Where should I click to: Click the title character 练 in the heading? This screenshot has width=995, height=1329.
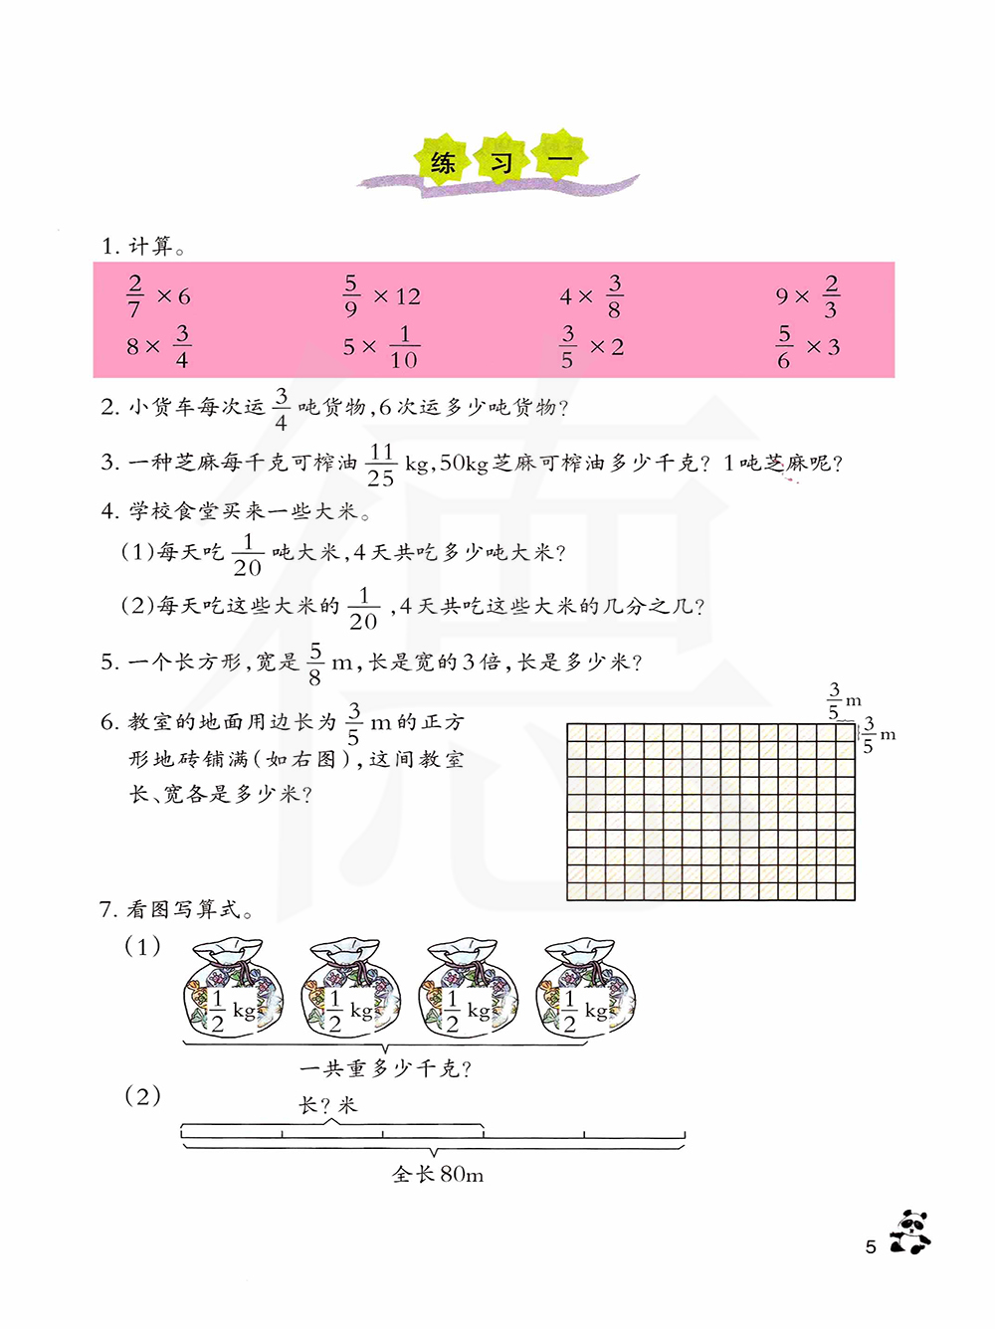coord(444,161)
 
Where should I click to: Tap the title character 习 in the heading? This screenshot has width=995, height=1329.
coord(501,161)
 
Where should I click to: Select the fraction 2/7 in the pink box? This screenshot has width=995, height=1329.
coord(134,296)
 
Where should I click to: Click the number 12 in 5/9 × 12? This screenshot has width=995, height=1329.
coord(408,296)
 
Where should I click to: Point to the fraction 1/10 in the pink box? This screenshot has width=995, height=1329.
coord(404,347)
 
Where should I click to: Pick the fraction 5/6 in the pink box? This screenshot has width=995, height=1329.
coord(784,347)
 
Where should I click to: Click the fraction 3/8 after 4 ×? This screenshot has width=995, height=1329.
coord(614,296)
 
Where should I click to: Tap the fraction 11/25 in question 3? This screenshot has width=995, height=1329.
coord(381,465)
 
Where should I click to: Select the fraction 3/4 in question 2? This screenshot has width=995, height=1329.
coord(281,409)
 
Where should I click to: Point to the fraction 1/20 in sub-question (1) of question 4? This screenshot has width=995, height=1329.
coord(248,555)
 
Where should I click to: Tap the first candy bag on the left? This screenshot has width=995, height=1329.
coord(233,989)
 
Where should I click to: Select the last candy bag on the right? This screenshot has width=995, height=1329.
coord(586,989)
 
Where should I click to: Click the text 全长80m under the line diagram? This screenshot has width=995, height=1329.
coord(438,1175)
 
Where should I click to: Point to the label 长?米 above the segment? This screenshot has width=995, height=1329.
coord(327,1105)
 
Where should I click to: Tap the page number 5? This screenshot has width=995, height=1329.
coord(871,1247)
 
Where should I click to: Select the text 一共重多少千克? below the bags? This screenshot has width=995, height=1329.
coord(386,1068)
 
